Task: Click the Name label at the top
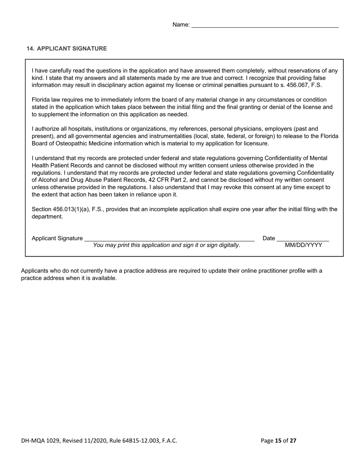(181, 25)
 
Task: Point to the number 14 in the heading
(30, 48)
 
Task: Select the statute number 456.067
(299, 85)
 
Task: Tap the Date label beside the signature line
(269, 238)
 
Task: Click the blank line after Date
(303, 239)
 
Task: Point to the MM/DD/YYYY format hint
(304, 245)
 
